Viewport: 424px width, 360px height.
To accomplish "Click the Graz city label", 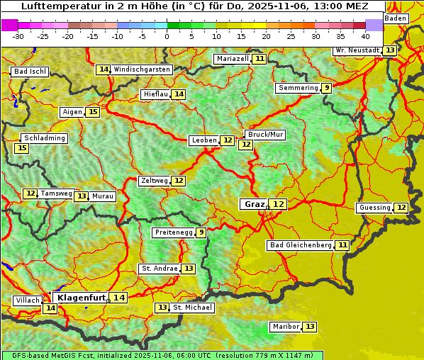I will [254, 204].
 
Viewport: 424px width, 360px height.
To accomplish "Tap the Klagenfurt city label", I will [82, 298].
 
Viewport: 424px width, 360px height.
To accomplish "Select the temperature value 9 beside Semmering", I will [326, 88].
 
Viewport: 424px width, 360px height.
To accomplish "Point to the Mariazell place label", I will [233, 58].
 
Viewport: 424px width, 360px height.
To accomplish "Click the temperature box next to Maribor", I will [311, 327].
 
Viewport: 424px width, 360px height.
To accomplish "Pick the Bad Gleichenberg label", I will [300, 245].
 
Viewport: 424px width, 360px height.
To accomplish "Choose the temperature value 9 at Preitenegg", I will [201, 232].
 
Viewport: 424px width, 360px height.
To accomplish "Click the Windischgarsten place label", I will [142, 69].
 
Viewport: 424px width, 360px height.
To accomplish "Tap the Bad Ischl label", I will [30, 72].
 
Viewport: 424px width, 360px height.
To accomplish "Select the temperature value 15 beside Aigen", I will [93, 112].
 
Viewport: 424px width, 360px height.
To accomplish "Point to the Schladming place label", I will [44, 138].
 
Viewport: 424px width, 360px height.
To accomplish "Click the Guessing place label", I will [375, 208].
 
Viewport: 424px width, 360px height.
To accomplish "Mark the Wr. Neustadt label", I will [357, 50].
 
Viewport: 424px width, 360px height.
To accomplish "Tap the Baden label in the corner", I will [396, 18].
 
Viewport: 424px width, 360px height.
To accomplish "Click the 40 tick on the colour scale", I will [365, 36].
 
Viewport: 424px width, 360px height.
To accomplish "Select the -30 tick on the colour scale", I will [18, 36].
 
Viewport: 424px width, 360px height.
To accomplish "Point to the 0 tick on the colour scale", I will [167, 36].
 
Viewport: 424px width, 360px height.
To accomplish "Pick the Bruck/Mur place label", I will [265, 134].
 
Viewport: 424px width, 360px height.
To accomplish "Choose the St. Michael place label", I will [193, 308].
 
